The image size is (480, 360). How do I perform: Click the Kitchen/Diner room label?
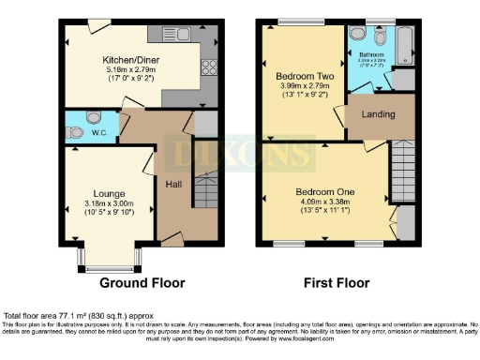tap(130, 57)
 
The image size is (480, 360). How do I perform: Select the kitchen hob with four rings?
tap(208, 67)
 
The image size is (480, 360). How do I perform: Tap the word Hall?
tap(174, 185)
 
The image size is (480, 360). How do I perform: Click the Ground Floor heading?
tap(142, 282)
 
